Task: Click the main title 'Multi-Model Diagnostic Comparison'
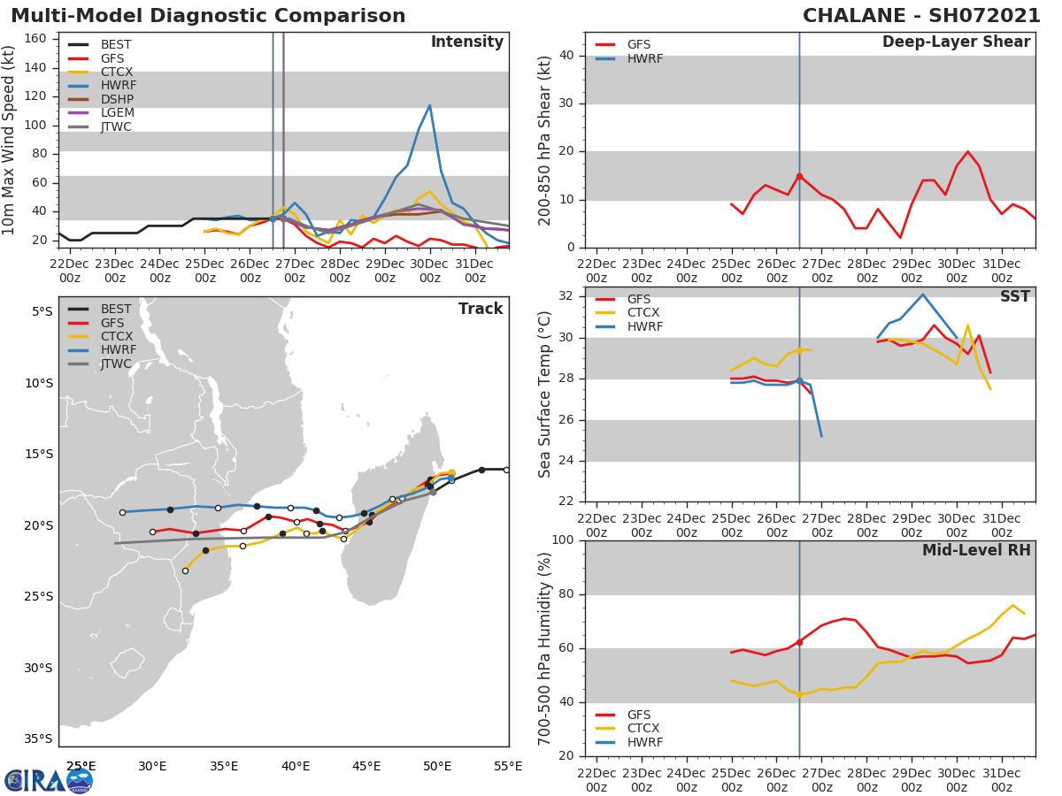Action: tap(208, 16)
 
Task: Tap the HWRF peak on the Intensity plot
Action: tap(429, 105)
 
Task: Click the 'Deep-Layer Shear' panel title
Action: tap(956, 42)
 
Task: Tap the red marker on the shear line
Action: tap(799, 176)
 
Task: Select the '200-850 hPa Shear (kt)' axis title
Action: tap(545, 140)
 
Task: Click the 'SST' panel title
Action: tap(1014, 297)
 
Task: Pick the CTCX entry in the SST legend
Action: tap(643, 313)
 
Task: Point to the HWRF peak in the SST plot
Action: tap(922, 295)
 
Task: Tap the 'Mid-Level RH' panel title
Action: tap(976, 550)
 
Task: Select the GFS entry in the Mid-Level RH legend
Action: tap(643, 715)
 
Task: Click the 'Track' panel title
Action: tap(481, 309)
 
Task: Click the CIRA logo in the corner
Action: tap(49, 780)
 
